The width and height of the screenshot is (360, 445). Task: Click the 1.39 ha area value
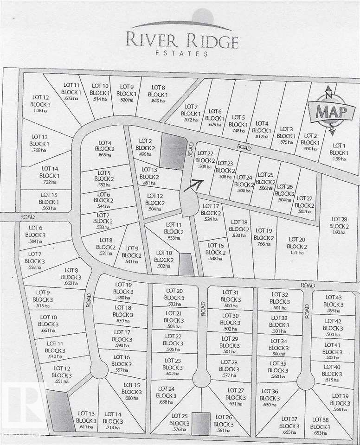coord(339,159)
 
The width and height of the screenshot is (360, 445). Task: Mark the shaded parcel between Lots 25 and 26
coord(201,424)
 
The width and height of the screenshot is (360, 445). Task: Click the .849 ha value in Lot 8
coord(158,101)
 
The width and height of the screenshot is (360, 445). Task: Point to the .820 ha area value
coord(239,235)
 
